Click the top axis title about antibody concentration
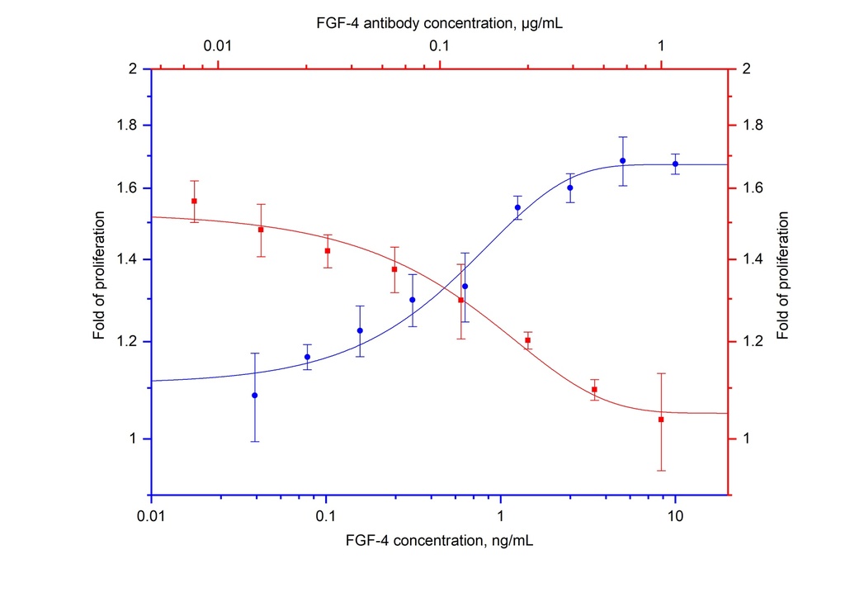437,24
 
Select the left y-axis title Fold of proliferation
99,276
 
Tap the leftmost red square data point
194,201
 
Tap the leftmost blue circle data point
255,395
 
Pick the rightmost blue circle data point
675,164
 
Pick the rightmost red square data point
661,420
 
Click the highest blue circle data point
622,160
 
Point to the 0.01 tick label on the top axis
216,46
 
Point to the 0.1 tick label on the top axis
438,46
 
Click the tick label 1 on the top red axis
661,46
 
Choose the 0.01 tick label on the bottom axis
151,517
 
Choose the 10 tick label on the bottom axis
675,517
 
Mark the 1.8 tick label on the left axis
127,126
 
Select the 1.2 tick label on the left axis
127,341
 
